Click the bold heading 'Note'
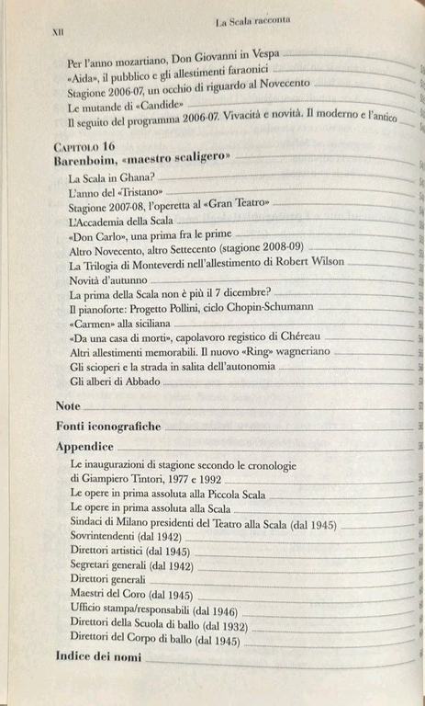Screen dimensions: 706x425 click(x=68, y=405)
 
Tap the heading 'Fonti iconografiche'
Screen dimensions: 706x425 click(x=107, y=427)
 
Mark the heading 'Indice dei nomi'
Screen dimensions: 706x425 click(x=97, y=657)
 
